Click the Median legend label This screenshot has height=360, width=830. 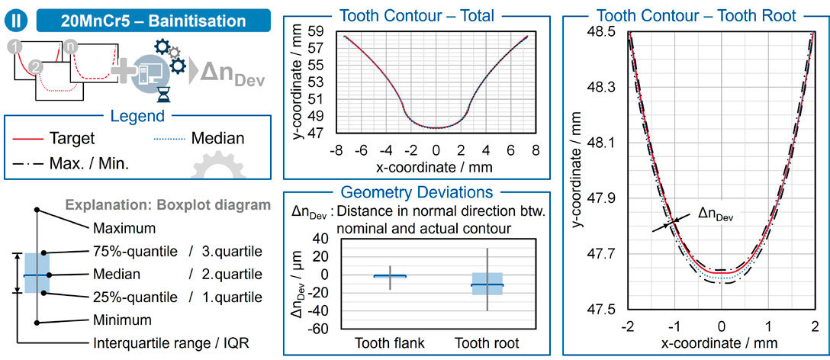click(217, 139)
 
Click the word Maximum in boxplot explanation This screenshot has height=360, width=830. click(123, 228)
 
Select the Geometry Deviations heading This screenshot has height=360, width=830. click(417, 193)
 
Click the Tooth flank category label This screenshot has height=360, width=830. click(390, 342)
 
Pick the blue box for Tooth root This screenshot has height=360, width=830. click(487, 284)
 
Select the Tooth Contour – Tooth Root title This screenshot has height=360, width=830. click(696, 15)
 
